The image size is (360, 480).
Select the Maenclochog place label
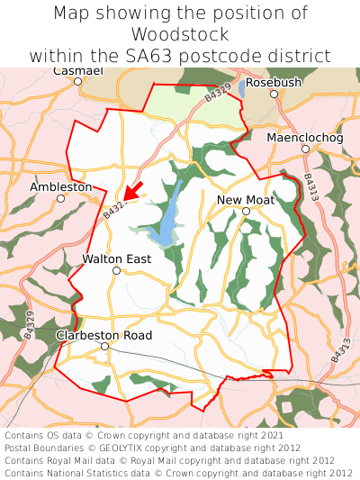pyautogui.click(x=305, y=138)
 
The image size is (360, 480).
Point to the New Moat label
pyautogui.click(x=246, y=199)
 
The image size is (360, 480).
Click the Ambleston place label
pyautogui.click(x=61, y=186)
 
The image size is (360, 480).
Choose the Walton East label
pyautogui.click(x=116, y=258)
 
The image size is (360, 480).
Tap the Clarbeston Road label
pyautogui.click(x=104, y=335)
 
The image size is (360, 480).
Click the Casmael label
pyautogui.click(x=78, y=70)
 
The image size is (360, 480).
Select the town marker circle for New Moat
pyautogui.click(x=246, y=212)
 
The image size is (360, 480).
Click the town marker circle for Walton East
pyautogui.click(x=116, y=270)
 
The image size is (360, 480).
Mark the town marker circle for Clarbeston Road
pyautogui.click(x=104, y=347)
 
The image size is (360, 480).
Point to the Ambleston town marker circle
pyautogui.click(x=61, y=198)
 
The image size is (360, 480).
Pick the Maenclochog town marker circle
pyautogui.click(x=305, y=149)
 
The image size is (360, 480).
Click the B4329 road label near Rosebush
pyautogui.click(x=218, y=92)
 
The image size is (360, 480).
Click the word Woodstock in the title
pyautogui.click(x=180, y=34)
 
